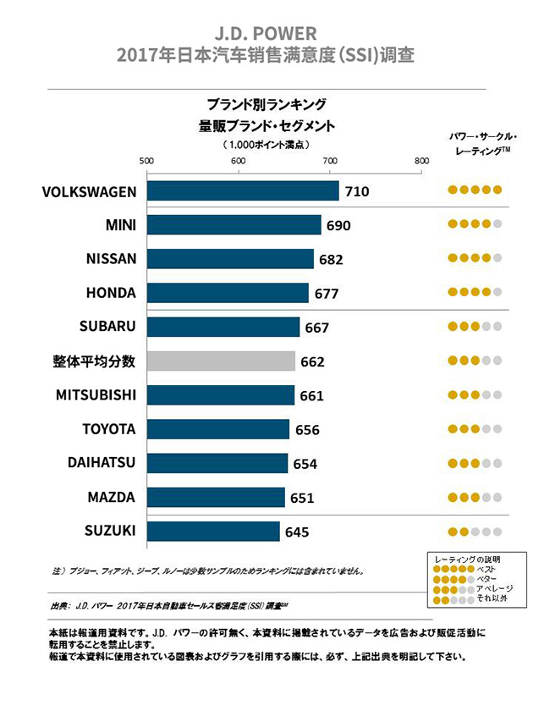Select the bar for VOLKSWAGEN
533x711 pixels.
(x=243, y=190)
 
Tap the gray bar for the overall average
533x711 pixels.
(x=221, y=361)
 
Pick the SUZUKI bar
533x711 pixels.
(x=213, y=532)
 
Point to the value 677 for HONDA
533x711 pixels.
(x=327, y=294)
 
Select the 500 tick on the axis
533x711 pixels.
(x=146, y=161)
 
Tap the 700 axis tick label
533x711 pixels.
(x=329, y=161)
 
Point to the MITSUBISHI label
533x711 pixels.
(x=96, y=395)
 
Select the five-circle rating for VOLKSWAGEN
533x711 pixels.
(x=475, y=190)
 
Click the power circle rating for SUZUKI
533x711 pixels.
(x=475, y=532)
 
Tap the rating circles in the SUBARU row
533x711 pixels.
(x=475, y=327)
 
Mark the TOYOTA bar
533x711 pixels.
(x=217, y=429)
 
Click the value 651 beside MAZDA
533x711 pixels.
(x=302, y=498)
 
